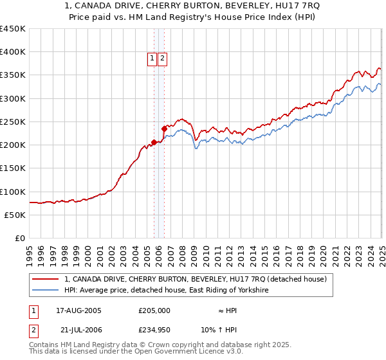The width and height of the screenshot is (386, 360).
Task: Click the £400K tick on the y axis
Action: click(x=13, y=52)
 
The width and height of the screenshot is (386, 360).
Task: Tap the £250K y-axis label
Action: click(x=13, y=122)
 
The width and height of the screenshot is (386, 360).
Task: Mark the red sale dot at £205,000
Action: click(x=154, y=143)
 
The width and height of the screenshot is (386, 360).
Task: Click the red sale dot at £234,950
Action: click(x=165, y=129)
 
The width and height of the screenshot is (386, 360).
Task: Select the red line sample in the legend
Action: click(x=46, y=279)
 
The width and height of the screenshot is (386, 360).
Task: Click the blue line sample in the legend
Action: click(x=46, y=291)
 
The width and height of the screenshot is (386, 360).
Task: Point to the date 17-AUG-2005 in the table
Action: click(x=78, y=310)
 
